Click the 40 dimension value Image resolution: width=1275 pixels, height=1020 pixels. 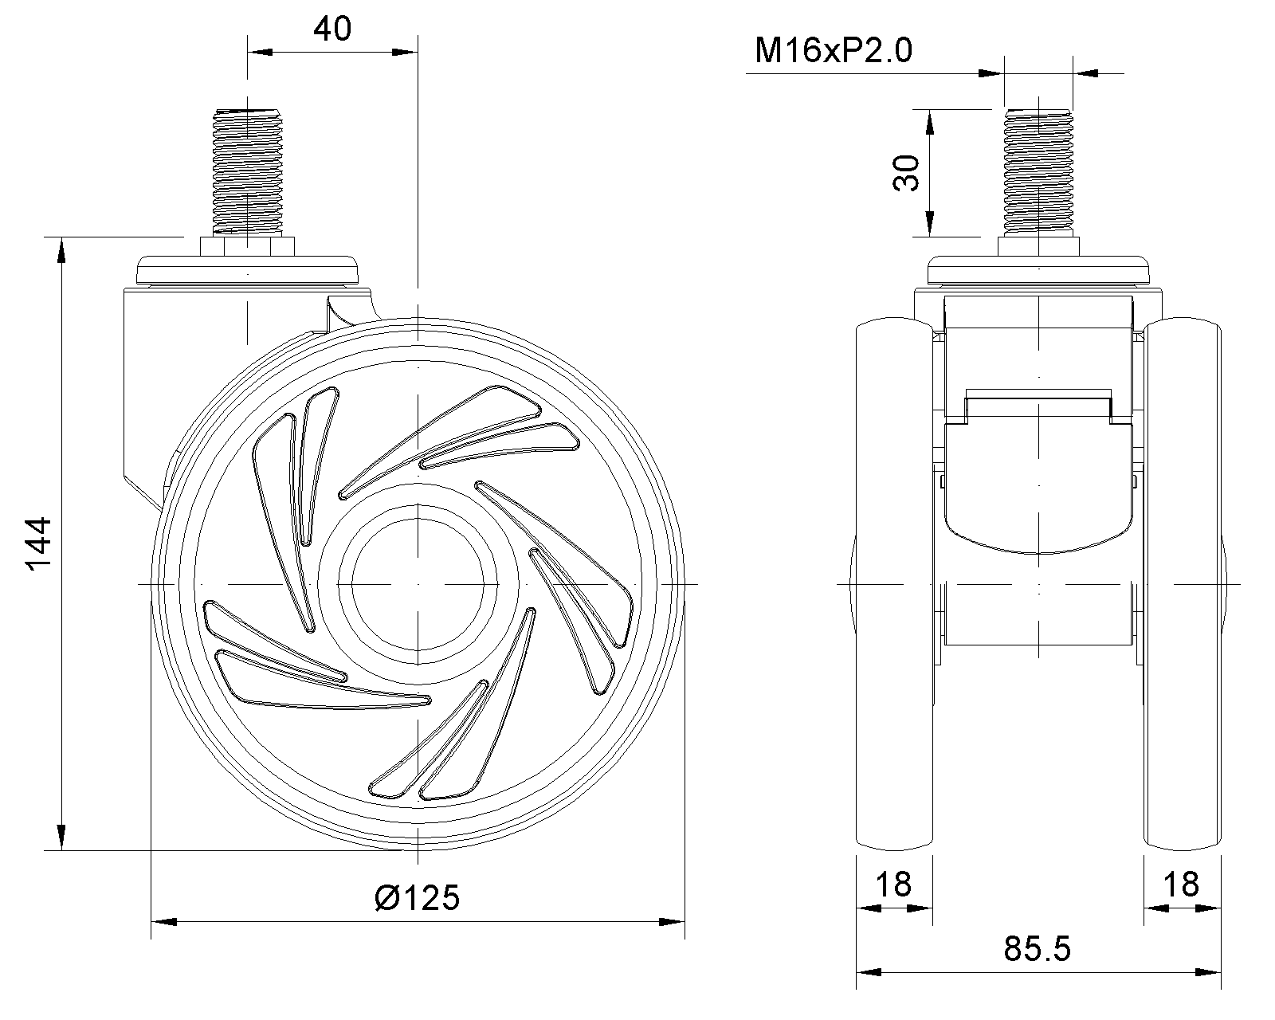tap(332, 29)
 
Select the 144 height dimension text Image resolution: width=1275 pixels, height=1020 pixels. tap(38, 544)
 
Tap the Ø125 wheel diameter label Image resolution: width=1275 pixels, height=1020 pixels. tap(417, 897)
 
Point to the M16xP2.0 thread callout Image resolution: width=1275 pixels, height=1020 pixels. tap(833, 49)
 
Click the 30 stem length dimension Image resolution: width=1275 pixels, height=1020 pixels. tap(906, 173)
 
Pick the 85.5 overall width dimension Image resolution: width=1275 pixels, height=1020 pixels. tap(1037, 949)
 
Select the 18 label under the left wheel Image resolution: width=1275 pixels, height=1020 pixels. tap(893, 885)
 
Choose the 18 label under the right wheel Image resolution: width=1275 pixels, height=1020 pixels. tap(1182, 885)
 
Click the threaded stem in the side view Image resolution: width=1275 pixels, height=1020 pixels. tap(248, 172)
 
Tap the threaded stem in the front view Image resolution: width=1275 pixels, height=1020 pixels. tap(1038, 172)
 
